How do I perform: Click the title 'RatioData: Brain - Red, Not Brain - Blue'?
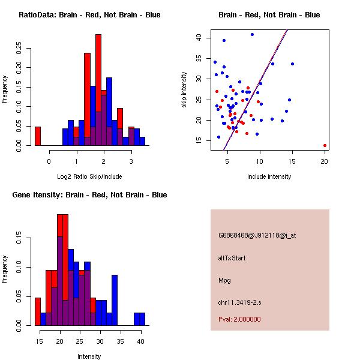(x=89, y=14)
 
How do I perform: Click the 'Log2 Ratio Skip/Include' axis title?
(x=89, y=176)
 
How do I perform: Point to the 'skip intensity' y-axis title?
(x=184, y=90)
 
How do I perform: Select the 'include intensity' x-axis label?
(x=269, y=176)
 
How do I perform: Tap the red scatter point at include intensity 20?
(x=325, y=145)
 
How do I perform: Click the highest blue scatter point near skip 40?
(x=252, y=34)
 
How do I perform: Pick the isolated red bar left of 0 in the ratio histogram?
(x=38, y=136)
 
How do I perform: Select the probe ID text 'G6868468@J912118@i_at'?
(x=257, y=235)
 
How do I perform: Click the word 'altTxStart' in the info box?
(x=232, y=258)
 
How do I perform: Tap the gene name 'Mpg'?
(x=224, y=280)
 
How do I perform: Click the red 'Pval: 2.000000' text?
(x=239, y=319)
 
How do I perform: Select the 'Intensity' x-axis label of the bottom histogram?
(x=89, y=356)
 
